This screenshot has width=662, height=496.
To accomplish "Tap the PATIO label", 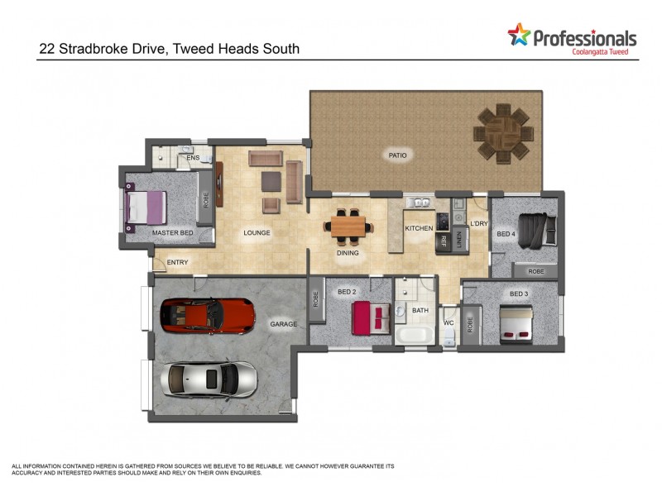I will [x=398, y=155].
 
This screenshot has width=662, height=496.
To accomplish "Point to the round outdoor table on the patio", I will [x=502, y=131].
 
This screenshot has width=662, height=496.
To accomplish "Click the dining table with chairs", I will [x=348, y=224].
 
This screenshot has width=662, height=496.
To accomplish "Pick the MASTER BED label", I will [x=172, y=233].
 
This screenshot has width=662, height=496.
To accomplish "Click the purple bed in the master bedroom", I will [x=146, y=207].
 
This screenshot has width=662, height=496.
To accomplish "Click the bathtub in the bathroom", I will [x=414, y=335].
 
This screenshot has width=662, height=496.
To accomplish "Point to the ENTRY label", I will [x=177, y=263].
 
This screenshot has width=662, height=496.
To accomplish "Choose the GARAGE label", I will [x=283, y=324].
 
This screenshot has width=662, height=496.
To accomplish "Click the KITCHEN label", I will [x=419, y=228].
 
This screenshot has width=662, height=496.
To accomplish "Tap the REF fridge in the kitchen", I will [x=443, y=241].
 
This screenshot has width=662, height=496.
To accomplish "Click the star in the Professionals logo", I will [x=519, y=35].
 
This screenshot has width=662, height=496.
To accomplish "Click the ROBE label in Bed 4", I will [x=535, y=271].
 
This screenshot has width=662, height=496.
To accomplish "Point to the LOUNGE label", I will [x=257, y=233].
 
